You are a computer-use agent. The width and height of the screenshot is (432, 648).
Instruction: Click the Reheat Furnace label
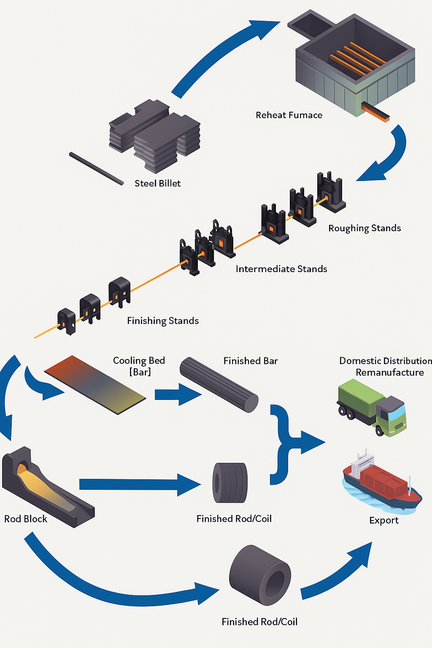point(289,115)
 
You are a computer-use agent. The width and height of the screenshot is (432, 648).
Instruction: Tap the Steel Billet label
point(157,184)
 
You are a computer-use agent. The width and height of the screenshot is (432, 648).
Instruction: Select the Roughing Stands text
point(364,228)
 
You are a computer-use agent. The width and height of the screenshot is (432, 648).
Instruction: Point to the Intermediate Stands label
point(281,269)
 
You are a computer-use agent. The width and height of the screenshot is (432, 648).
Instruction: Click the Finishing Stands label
point(163,321)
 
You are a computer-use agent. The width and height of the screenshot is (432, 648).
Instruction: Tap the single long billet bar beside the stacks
point(96,169)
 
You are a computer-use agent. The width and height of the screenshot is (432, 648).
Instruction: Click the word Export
point(384,521)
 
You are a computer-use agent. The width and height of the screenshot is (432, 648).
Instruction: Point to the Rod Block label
point(26,519)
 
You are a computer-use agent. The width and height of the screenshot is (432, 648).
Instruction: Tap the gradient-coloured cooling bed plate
point(95,384)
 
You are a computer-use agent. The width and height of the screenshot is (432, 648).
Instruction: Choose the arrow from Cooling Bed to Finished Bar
point(177,395)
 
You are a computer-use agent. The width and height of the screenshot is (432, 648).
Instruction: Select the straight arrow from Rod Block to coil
point(139,484)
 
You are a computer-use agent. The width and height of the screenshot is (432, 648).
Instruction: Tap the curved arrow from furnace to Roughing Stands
point(388,156)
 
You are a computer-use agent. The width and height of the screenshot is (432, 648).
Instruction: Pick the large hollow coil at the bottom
point(260,575)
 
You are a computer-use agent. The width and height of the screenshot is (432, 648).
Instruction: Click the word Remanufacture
point(390,373)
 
